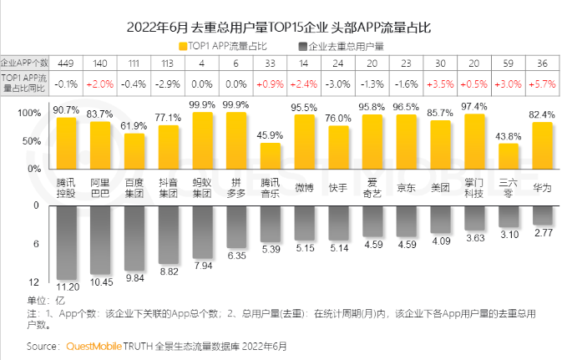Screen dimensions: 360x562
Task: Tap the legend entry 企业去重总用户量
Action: click(x=346, y=44)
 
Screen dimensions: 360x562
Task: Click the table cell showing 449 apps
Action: click(x=67, y=63)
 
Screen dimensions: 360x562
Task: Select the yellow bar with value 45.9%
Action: click(x=270, y=157)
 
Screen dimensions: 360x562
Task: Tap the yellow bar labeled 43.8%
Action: click(x=508, y=157)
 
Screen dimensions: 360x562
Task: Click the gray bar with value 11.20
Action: click(x=67, y=241)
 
